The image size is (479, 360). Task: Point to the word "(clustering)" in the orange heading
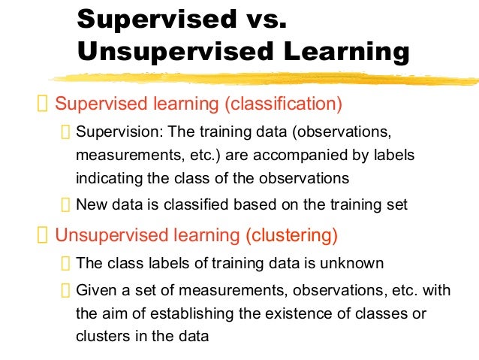pyautogui.click(x=291, y=235)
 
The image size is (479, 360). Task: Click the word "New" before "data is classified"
pyautogui.click(x=91, y=204)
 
